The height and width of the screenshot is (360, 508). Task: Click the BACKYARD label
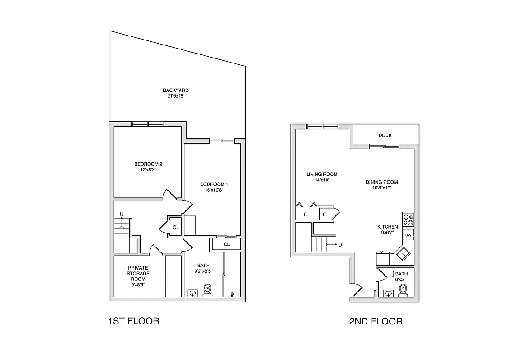click(x=176, y=90)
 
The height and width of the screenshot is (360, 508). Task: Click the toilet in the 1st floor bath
click(x=208, y=290)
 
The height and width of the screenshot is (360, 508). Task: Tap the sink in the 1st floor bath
click(x=193, y=293)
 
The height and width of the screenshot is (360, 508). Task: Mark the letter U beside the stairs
click(x=121, y=214)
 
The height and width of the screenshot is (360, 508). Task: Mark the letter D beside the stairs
click(x=340, y=245)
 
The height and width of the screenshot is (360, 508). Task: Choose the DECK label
click(x=385, y=135)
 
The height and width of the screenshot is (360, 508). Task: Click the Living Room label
click(x=322, y=174)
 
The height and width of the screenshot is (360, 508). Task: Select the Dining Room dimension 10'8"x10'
click(x=381, y=188)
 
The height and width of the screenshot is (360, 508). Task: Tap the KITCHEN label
click(x=387, y=227)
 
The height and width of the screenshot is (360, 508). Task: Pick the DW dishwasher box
click(x=408, y=235)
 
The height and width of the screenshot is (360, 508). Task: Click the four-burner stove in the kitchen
click(x=408, y=220)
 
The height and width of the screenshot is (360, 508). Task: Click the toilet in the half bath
click(x=403, y=293)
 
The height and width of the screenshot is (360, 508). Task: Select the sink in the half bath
click(x=388, y=293)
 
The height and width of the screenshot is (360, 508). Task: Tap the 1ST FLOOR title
click(x=134, y=321)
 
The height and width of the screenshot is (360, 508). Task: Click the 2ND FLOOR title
click(x=376, y=321)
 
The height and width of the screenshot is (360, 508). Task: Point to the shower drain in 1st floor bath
click(x=232, y=294)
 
